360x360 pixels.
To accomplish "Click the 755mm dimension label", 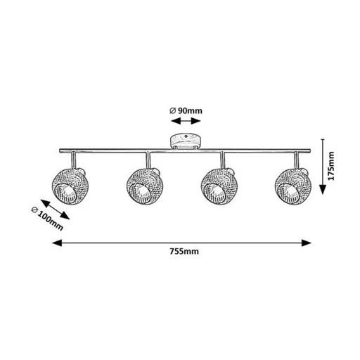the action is coord(184,252).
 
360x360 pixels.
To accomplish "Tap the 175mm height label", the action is coord(331,166).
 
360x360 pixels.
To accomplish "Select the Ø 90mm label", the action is coord(186,110).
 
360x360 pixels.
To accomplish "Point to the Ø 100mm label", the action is coord(47,219).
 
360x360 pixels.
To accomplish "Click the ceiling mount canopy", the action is coord(185,141).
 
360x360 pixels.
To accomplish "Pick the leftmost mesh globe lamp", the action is coord(67,186).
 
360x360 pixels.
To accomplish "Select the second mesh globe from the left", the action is coord(143,186).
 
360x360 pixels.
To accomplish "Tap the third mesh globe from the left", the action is coord(218,186).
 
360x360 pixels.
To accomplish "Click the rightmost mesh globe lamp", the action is coord(292,186).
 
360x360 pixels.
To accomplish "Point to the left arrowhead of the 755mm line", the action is coord(57,243).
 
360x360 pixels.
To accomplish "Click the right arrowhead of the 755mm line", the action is coord(307,243).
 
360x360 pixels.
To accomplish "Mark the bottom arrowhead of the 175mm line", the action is coord(323,189).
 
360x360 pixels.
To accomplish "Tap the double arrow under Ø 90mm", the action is coord(186,121).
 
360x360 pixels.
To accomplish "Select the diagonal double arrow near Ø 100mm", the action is coord(55,210).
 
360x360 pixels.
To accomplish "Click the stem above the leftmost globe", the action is coord(74,160).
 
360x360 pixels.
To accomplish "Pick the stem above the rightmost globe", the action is coord(297,160).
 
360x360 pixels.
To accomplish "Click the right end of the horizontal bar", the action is coord(310,150).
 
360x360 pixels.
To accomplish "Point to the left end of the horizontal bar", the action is coord(60,150).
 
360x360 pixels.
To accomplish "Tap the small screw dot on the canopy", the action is coord(186,136).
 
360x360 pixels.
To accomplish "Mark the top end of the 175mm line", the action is coord(323,139).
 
